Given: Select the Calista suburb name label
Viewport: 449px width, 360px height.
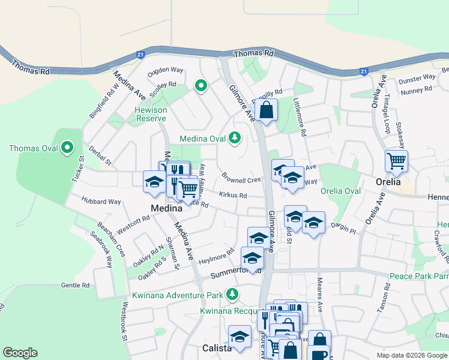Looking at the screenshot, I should click(215, 349).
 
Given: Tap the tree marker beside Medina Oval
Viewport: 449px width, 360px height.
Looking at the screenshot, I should click(235, 139).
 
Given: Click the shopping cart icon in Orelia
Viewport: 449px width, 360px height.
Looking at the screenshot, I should click(396, 161).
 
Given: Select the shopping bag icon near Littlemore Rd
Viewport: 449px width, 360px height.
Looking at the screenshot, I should click(266, 110).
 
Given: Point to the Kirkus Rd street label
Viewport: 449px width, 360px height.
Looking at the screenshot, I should click(233, 195).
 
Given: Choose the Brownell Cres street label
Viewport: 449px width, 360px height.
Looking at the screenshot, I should click(241, 179).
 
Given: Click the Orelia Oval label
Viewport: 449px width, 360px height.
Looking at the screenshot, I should click(340, 191).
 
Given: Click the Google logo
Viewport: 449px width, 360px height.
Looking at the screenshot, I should click(20, 353).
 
